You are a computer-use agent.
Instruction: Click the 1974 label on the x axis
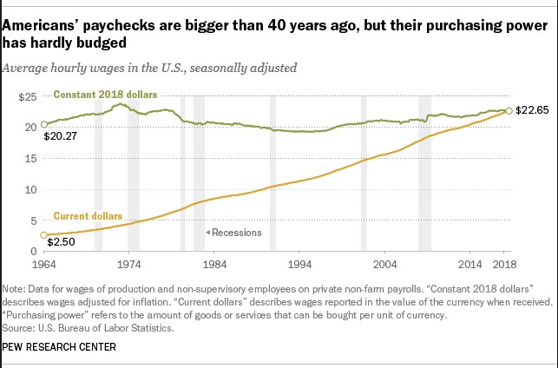click(x=129, y=263)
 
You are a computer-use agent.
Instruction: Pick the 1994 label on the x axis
click(x=300, y=263)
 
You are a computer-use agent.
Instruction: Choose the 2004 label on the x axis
click(x=385, y=263)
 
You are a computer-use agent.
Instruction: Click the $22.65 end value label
click(x=534, y=110)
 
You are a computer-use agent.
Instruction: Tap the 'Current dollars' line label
click(x=87, y=215)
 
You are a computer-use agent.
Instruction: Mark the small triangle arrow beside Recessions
click(x=207, y=233)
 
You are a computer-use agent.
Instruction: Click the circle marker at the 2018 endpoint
click(x=509, y=110)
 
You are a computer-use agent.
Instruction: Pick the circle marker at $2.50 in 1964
click(x=43, y=235)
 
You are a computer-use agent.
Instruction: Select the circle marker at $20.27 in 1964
click(x=43, y=125)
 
